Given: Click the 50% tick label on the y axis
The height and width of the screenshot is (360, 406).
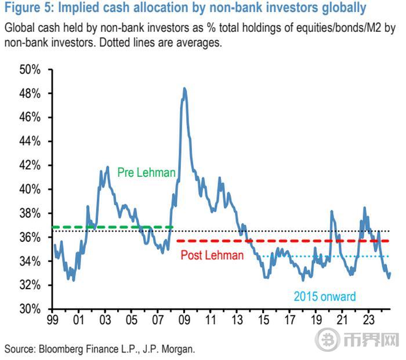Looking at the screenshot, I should pos(30,70).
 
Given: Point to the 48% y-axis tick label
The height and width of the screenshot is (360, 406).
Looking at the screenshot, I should pos(30,93).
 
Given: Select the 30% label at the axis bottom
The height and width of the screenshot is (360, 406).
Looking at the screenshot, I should pos(30,309).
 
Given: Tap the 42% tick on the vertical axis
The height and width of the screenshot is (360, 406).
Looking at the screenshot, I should pos(30,165).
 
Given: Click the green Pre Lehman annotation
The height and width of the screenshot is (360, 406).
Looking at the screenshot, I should pos(146,173).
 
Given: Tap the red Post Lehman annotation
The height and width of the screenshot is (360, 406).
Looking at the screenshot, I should pos(212,255).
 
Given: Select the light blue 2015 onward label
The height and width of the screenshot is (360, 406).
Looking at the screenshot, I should pos(324,297).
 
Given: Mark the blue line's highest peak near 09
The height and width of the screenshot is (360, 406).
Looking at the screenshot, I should pos(184,89).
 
